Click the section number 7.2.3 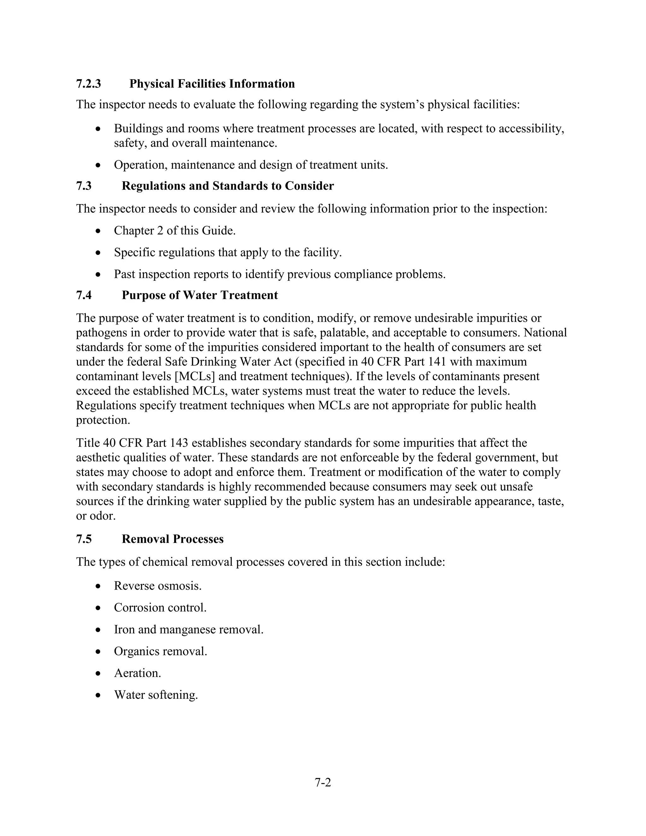click(88, 84)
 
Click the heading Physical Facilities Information click(212, 84)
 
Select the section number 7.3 click(84, 186)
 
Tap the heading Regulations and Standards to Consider click(228, 186)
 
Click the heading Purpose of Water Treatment click(200, 295)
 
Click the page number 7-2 click(323, 782)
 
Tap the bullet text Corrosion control click(160, 608)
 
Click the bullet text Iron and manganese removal click(189, 630)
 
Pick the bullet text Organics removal click(160, 651)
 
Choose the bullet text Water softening click(156, 695)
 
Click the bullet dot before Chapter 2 click(98, 231)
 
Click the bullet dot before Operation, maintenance click(98, 165)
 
